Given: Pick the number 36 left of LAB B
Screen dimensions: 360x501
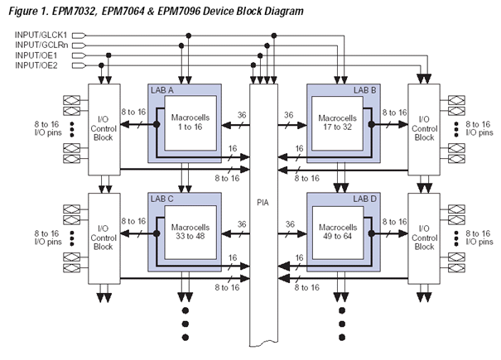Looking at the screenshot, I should pyautogui.click(x=287, y=115).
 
